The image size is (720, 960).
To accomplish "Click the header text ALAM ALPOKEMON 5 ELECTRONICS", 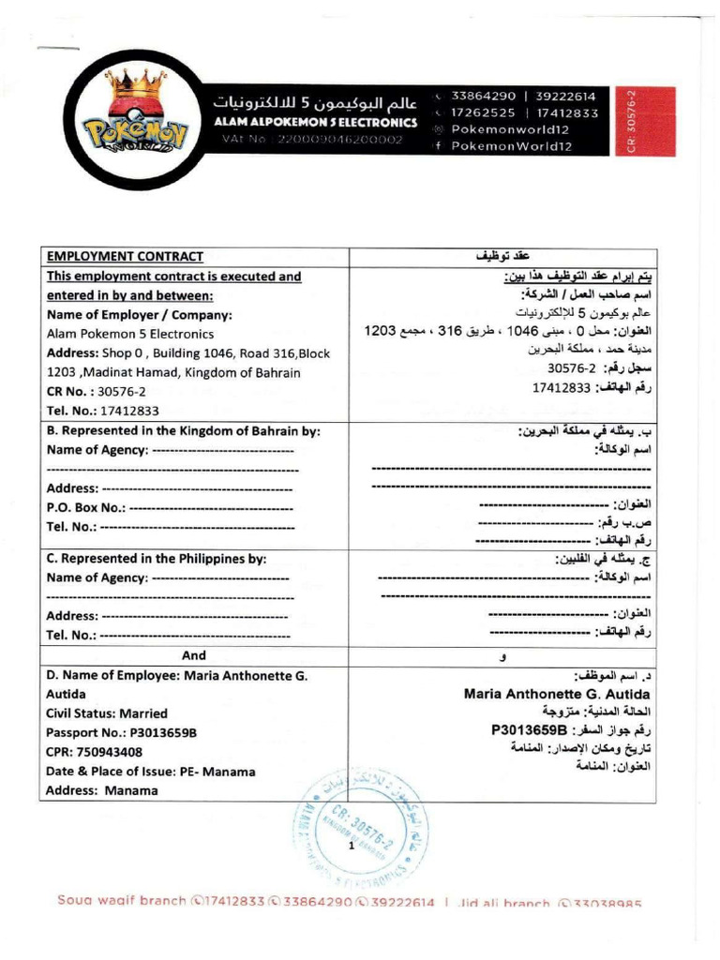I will pyautogui.click(x=315, y=122).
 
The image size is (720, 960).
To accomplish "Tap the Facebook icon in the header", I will pyautogui.click(x=438, y=145).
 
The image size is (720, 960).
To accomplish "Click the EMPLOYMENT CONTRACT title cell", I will pyautogui.click(x=125, y=256).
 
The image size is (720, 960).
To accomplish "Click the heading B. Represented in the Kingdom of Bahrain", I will pyautogui.click(x=184, y=431).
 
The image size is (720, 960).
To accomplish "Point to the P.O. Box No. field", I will pyautogui.click(x=169, y=508).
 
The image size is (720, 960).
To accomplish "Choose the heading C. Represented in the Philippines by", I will pyautogui.click(x=157, y=558).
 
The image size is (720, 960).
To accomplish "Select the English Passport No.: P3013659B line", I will pyautogui.click(x=122, y=731).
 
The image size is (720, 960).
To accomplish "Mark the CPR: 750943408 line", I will pyautogui.click(x=95, y=751).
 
